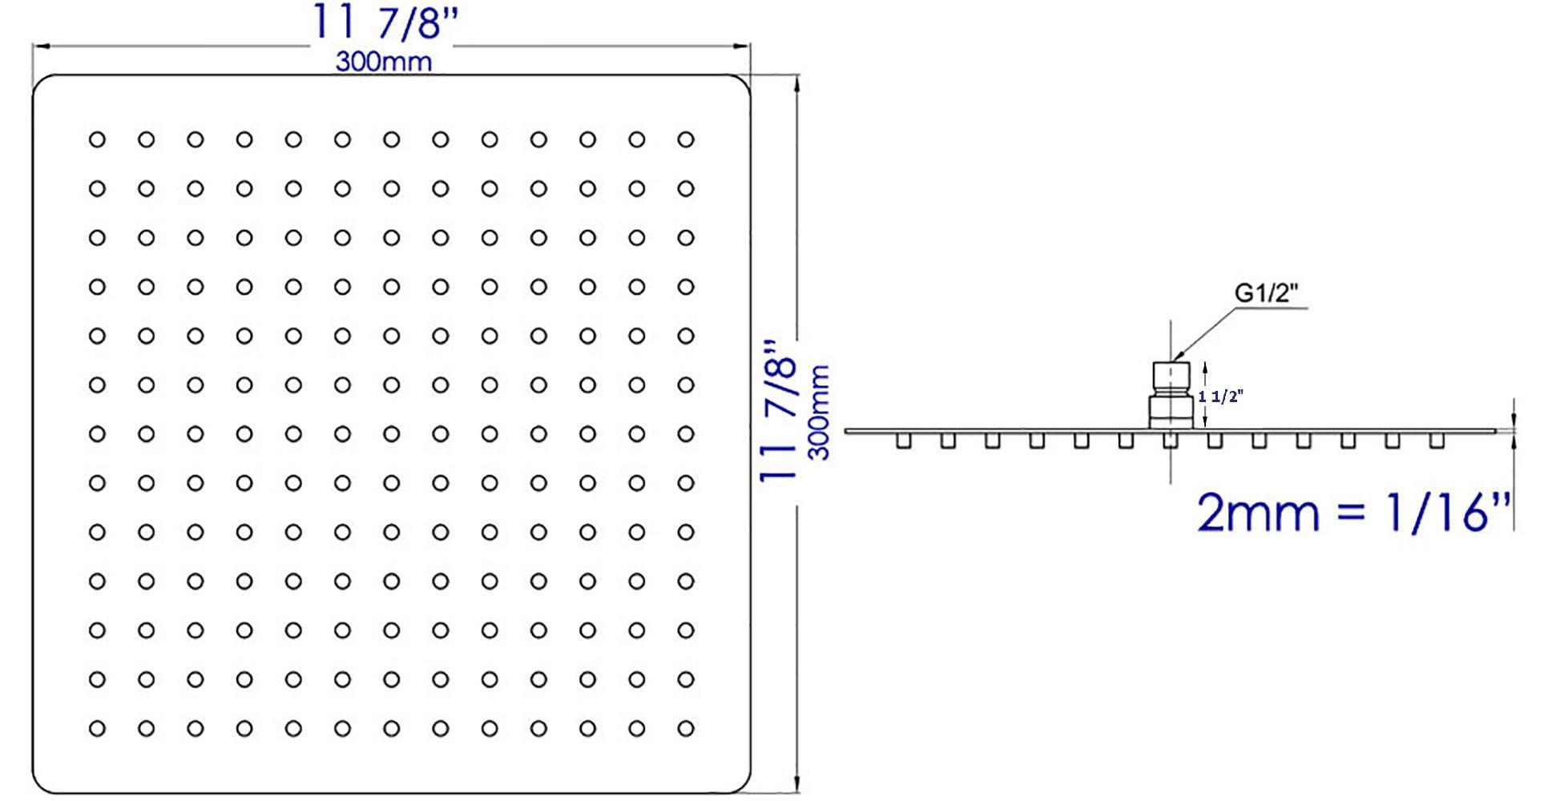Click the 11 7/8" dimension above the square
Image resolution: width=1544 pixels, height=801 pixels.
coord(383,22)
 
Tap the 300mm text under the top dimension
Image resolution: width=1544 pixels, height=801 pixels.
coord(383,62)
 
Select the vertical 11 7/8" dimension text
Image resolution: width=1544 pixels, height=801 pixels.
coord(779,411)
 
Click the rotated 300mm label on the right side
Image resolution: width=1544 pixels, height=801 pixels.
coord(819,413)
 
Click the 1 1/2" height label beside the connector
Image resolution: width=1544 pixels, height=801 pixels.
coord(1221,396)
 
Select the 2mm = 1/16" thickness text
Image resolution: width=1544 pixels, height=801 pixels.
coord(1353,513)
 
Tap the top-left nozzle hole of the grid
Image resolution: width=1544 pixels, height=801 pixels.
coord(97,139)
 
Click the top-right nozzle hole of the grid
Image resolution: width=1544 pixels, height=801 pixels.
coord(685,139)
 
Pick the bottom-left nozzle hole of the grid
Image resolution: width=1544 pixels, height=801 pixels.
coord(97,729)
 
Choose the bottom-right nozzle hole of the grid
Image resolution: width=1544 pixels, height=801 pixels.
coord(685,729)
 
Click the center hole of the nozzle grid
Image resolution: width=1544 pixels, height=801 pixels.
coord(391,434)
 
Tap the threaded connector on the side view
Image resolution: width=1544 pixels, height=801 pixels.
coord(1170,395)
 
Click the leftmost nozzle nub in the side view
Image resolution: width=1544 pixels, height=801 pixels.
coord(904,441)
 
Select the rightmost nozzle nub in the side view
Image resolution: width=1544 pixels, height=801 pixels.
coord(1437,441)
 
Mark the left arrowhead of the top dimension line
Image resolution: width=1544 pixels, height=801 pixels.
coord(38,46)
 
